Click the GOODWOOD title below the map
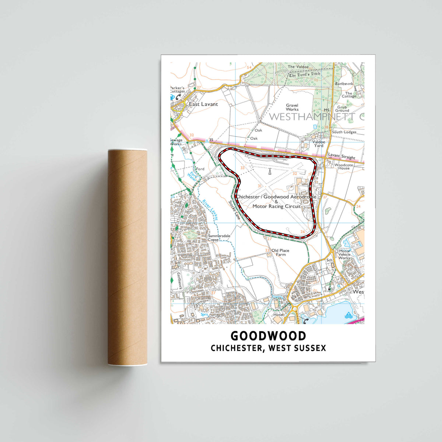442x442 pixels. [x=268, y=336]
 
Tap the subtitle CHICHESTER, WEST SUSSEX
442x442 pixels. [x=268, y=348]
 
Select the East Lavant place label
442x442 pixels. [x=203, y=104]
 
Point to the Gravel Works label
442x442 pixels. [x=292, y=107]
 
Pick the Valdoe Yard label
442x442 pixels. [x=319, y=144]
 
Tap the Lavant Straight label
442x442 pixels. [x=343, y=157]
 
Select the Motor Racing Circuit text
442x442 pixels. [x=276, y=207]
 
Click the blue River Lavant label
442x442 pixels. [x=210, y=210]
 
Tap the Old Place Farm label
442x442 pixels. [x=280, y=252]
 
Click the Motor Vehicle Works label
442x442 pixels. [x=344, y=255]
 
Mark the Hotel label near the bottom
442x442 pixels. [x=278, y=315]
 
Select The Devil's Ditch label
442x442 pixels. [x=304, y=75]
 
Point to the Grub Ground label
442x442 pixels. [x=342, y=109]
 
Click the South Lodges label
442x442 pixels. [x=344, y=132]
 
